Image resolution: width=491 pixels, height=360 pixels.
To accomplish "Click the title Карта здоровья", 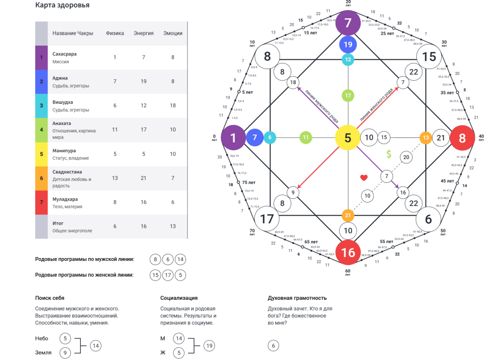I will tap(62, 6).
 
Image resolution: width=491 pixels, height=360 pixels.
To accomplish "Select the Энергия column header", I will tap(144, 33).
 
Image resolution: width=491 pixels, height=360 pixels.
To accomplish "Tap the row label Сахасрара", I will tap(64, 54).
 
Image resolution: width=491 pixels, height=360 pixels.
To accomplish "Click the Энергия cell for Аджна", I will tap(144, 82).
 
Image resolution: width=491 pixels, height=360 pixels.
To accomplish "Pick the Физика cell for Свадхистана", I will tap(115, 178).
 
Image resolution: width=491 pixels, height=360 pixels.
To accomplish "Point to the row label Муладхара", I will tap(66, 199).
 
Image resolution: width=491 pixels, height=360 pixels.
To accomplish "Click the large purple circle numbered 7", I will tap(348, 22).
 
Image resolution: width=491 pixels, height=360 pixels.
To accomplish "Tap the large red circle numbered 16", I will tap(348, 252).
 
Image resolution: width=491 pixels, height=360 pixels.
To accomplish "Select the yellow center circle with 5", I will tap(348, 137).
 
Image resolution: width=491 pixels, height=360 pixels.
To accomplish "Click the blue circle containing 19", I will tap(348, 45).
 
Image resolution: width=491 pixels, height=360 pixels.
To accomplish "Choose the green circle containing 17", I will tap(348, 95).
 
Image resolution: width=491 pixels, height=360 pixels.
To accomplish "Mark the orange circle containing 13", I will tap(426, 138).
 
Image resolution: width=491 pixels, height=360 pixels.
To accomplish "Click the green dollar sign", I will tap(389, 154).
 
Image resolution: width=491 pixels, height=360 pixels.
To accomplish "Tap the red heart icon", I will tap(364, 178).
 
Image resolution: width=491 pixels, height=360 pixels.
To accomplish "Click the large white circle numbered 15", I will tap(429, 57).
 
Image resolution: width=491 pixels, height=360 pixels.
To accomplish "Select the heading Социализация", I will tap(179, 298).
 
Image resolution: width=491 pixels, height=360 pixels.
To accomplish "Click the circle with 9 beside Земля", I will tap(66, 352).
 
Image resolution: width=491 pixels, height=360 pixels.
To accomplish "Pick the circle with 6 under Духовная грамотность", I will tap(273, 346).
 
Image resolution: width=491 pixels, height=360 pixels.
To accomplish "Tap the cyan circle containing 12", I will tap(348, 60).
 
